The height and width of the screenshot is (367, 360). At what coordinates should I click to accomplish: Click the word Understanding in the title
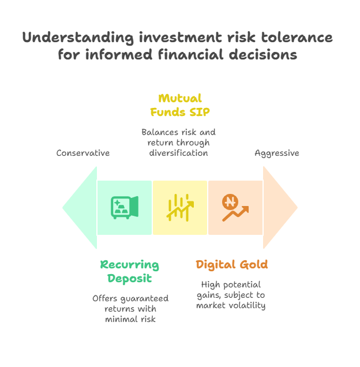click(x=78, y=38)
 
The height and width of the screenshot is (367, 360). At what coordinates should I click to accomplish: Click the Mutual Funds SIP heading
click(x=180, y=105)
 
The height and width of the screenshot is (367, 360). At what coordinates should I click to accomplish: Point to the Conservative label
click(x=83, y=153)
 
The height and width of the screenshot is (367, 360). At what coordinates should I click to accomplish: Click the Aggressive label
click(x=277, y=153)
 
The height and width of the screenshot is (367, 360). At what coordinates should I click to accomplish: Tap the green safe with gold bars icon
click(x=125, y=208)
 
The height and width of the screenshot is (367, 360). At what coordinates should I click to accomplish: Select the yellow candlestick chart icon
click(x=180, y=208)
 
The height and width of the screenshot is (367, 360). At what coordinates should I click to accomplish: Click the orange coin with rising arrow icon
click(x=235, y=208)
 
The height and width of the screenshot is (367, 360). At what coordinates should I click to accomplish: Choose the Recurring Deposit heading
click(x=129, y=272)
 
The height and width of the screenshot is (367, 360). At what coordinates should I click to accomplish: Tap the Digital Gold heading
click(x=232, y=265)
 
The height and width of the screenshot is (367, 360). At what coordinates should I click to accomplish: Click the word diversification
click(x=179, y=153)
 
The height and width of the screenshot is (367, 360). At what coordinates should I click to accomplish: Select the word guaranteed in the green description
click(x=144, y=299)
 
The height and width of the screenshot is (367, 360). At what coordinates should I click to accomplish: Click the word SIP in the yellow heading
click(x=200, y=112)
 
